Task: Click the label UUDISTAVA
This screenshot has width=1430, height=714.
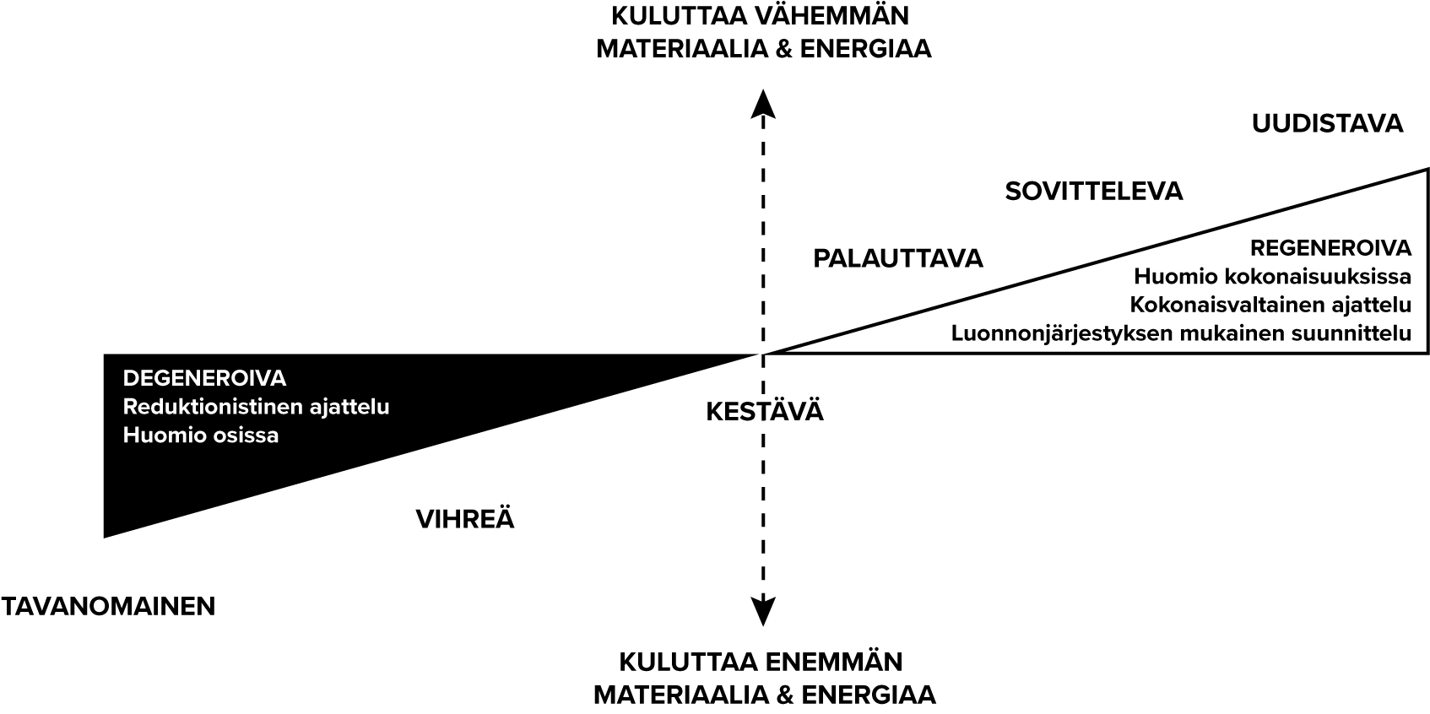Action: (x=1327, y=124)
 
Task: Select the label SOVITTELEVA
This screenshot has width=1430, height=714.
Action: (x=1093, y=192)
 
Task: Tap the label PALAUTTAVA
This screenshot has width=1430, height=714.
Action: (x=897, y=258)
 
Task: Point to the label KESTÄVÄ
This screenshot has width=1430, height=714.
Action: (x=764, y=412)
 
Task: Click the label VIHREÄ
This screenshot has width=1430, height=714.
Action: (x=465, y=519)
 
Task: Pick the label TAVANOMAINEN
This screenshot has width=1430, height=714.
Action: (x=108, y=606)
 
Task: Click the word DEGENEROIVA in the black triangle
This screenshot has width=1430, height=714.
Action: (x=205, y=377)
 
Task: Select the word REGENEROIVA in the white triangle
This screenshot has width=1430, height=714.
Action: (x=1330, y=248)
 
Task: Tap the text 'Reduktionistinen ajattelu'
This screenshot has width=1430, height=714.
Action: (x=256, y=407)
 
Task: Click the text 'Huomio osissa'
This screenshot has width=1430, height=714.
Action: (x=201, y=435)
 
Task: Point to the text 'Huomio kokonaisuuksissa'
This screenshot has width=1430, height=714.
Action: (x=1272, y=277)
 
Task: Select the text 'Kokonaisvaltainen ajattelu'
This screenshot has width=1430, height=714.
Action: (x=1270, y=305)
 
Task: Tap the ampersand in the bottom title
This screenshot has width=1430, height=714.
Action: (x=780, y=695)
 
